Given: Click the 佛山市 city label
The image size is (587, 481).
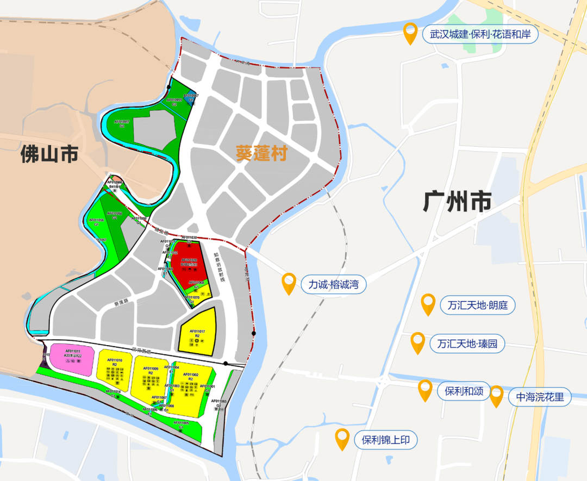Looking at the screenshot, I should pos(49,154).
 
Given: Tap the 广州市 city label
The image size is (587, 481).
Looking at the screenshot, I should pos(457,202).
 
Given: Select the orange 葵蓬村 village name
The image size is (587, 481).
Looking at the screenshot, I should pos(261,154).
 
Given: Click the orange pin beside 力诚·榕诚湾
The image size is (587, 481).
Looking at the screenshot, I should pos(289,283).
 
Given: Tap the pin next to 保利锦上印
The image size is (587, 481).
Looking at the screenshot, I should pos(342,439).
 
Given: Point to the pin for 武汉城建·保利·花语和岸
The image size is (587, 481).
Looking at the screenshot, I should pos(410,34).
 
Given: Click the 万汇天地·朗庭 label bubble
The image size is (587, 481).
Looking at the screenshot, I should pos(477,305).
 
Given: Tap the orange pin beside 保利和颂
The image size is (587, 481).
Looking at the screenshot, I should pos(425,390).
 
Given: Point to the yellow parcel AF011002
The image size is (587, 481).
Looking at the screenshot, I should pos(190,383).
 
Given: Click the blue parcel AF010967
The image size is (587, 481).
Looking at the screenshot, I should pos(191,98).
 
